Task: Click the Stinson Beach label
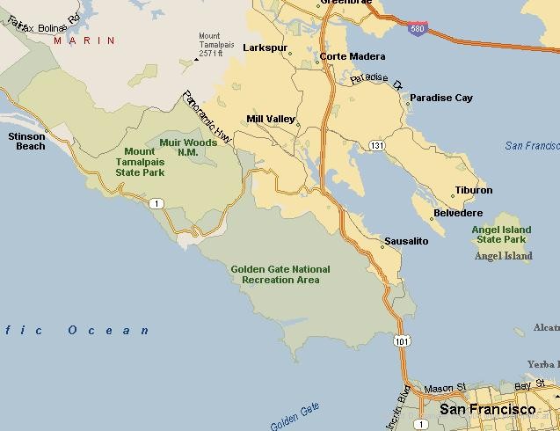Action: click(26, 141)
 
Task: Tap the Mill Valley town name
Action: click(271, 119)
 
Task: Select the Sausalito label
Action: click(406, 241)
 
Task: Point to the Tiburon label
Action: click(474, 190)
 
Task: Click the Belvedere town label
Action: click(458, 213)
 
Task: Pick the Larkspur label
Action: click(265, 47)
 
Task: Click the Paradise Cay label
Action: click(441, 98)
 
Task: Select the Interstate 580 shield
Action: click(419, 29)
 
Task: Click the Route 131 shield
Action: click(377, 145)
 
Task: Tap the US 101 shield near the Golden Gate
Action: click(403, 340)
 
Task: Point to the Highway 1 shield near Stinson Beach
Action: click(156, 204)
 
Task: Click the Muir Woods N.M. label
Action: click(188, 147)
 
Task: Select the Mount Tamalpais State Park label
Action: click(140, 162)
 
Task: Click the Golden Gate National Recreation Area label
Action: click(280, 274)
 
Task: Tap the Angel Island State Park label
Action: click(501, 235)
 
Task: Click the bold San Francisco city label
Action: click(487, 409)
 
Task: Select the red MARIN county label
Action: click(84, 40)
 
